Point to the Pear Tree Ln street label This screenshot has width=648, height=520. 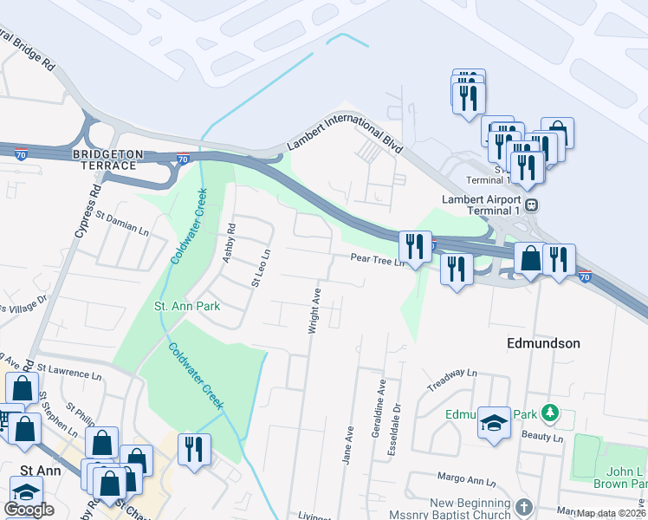[378, 258]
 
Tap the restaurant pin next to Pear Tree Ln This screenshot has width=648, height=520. [417, 247]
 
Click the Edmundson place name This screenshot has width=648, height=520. [543, 343]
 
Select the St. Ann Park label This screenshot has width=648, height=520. [186, 306]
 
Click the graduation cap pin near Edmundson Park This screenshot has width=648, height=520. [494, 423]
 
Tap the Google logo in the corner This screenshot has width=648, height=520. [29, 510]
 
